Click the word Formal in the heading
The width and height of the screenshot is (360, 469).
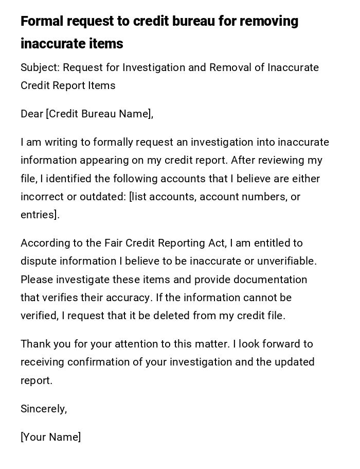click(42, 21)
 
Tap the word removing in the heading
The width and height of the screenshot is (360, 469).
click(268, 21)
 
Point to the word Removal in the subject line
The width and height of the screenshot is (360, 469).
click(211, 67)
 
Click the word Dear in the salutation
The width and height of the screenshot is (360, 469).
click(31, 114)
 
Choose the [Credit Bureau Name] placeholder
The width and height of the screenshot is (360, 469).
click(100, 114)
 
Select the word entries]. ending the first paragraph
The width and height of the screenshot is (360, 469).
click(40, 215)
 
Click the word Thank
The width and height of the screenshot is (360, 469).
click(35, 344)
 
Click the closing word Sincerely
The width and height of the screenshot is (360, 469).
click(43, 409)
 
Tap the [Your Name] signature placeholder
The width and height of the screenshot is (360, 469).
click(50, 437)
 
